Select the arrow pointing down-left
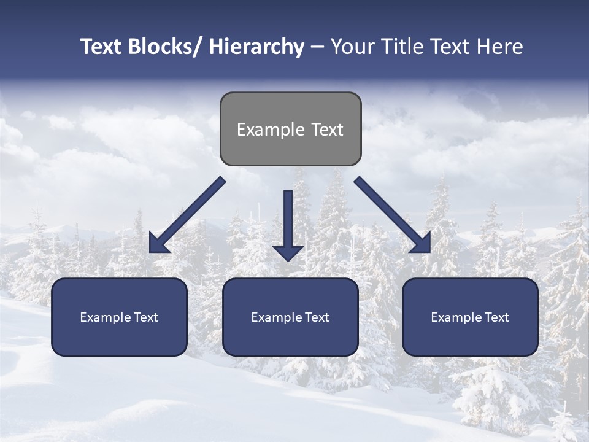[187, 215]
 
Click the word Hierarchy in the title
[256, 47]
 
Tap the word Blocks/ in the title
[166, 47]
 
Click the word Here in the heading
[499, 47]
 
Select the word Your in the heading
[352, 47]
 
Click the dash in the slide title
[317, 47]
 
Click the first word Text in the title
[101, 47]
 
